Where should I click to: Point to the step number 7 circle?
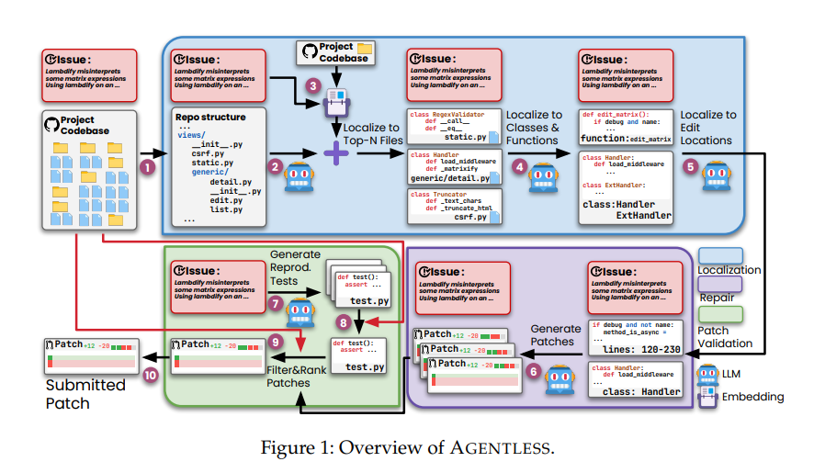click(x=275, y=302)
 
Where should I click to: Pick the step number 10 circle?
click(x=151, y=375)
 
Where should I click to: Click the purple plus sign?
click(x=336, y=152)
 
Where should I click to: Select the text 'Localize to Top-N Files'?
click(x=376, y=133)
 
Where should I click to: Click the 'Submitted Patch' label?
click(x=85, y=393)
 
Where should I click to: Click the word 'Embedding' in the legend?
click(x=754, y=397)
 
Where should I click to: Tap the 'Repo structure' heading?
click(x=210, y=118)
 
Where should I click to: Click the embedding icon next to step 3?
click(x=334, y=108)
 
